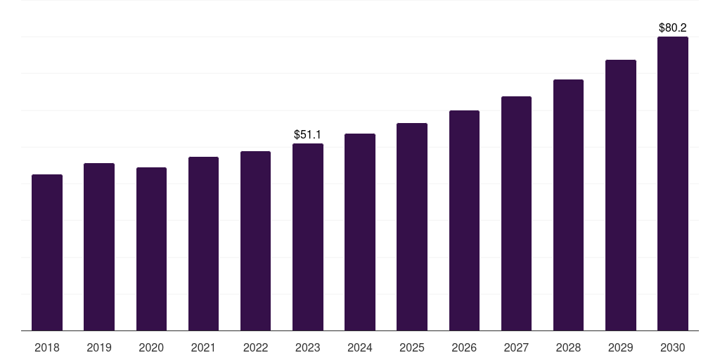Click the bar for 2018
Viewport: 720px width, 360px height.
pos(47,252)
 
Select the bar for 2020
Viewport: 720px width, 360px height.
pos(151,249)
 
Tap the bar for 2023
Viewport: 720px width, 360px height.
pos(308,237)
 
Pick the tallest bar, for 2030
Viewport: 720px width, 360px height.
pos(673,184)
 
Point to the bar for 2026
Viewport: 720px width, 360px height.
pos(464,220)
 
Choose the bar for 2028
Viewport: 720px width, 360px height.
pos(568,205)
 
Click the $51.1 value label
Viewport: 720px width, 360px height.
pos(308,134)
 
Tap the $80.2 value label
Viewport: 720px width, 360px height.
pos(673,28)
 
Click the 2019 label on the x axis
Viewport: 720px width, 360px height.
pos(99,347)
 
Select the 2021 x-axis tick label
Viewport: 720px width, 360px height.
pos(203,347)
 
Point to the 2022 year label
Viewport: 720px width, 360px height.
pos(255,347)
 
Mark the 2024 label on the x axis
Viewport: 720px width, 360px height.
pos(360,347)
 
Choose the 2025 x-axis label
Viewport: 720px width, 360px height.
pos(412,347)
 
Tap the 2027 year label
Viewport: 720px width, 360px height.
pos(516,347)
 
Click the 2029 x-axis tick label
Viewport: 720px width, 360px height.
pos(621,347)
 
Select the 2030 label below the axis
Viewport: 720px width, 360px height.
pos(673,347)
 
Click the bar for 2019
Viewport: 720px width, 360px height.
pos(99,247)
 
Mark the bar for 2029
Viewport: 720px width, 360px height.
pos(621,195)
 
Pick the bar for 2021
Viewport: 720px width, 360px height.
pos(203,243)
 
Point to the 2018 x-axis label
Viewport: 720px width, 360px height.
pos(47,347)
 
